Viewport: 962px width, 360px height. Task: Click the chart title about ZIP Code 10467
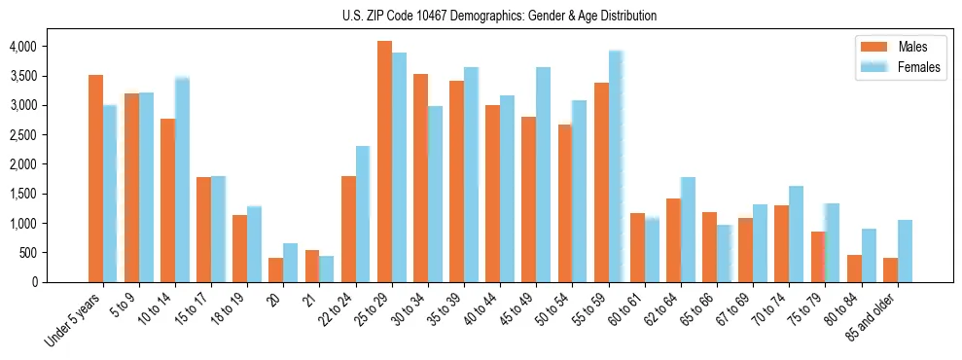point(499,16)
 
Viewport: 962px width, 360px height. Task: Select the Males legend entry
point(891,47)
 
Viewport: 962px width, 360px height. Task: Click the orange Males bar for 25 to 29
point(385,162)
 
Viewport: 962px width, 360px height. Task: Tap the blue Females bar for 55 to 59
point(615,166)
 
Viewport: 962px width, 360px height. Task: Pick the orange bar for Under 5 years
point(95,178)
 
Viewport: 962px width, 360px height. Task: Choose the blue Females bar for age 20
point(291,263)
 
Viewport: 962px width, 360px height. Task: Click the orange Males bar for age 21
point(312,266)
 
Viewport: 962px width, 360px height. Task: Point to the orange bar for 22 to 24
point(348,229)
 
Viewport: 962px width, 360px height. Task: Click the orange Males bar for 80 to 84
point(854,269)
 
